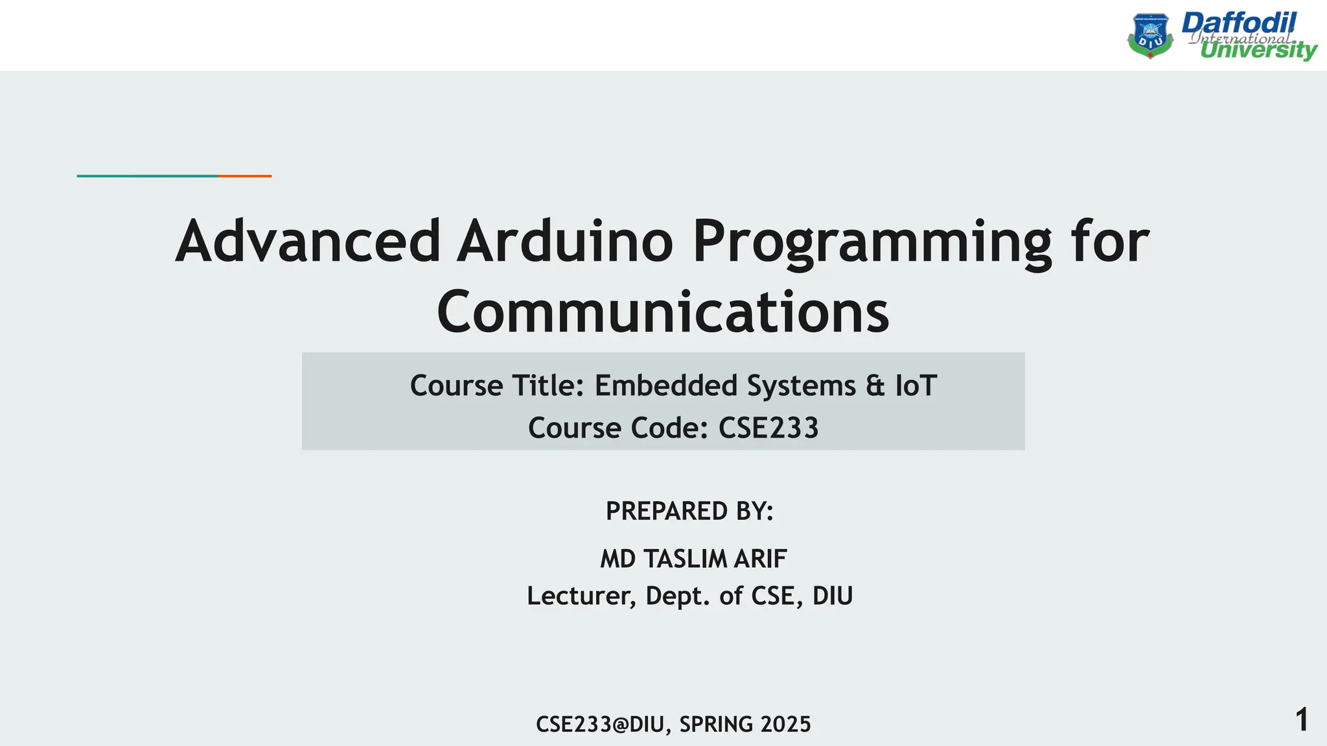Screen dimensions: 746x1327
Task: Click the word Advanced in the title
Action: [308, 242]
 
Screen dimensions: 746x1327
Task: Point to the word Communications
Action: [663, 312]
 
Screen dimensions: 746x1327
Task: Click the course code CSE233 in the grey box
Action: [768, 428]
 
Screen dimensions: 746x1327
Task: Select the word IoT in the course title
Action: [916, 386]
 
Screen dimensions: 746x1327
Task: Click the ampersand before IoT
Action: [875, 386]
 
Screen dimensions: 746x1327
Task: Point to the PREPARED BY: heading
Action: [689, 511]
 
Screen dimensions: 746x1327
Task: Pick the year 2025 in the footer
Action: [785, 724]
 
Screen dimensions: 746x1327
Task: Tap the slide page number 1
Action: [1302, 720]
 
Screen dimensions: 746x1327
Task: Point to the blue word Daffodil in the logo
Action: [1239, 24]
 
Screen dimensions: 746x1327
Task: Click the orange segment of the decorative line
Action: [245, 175]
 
